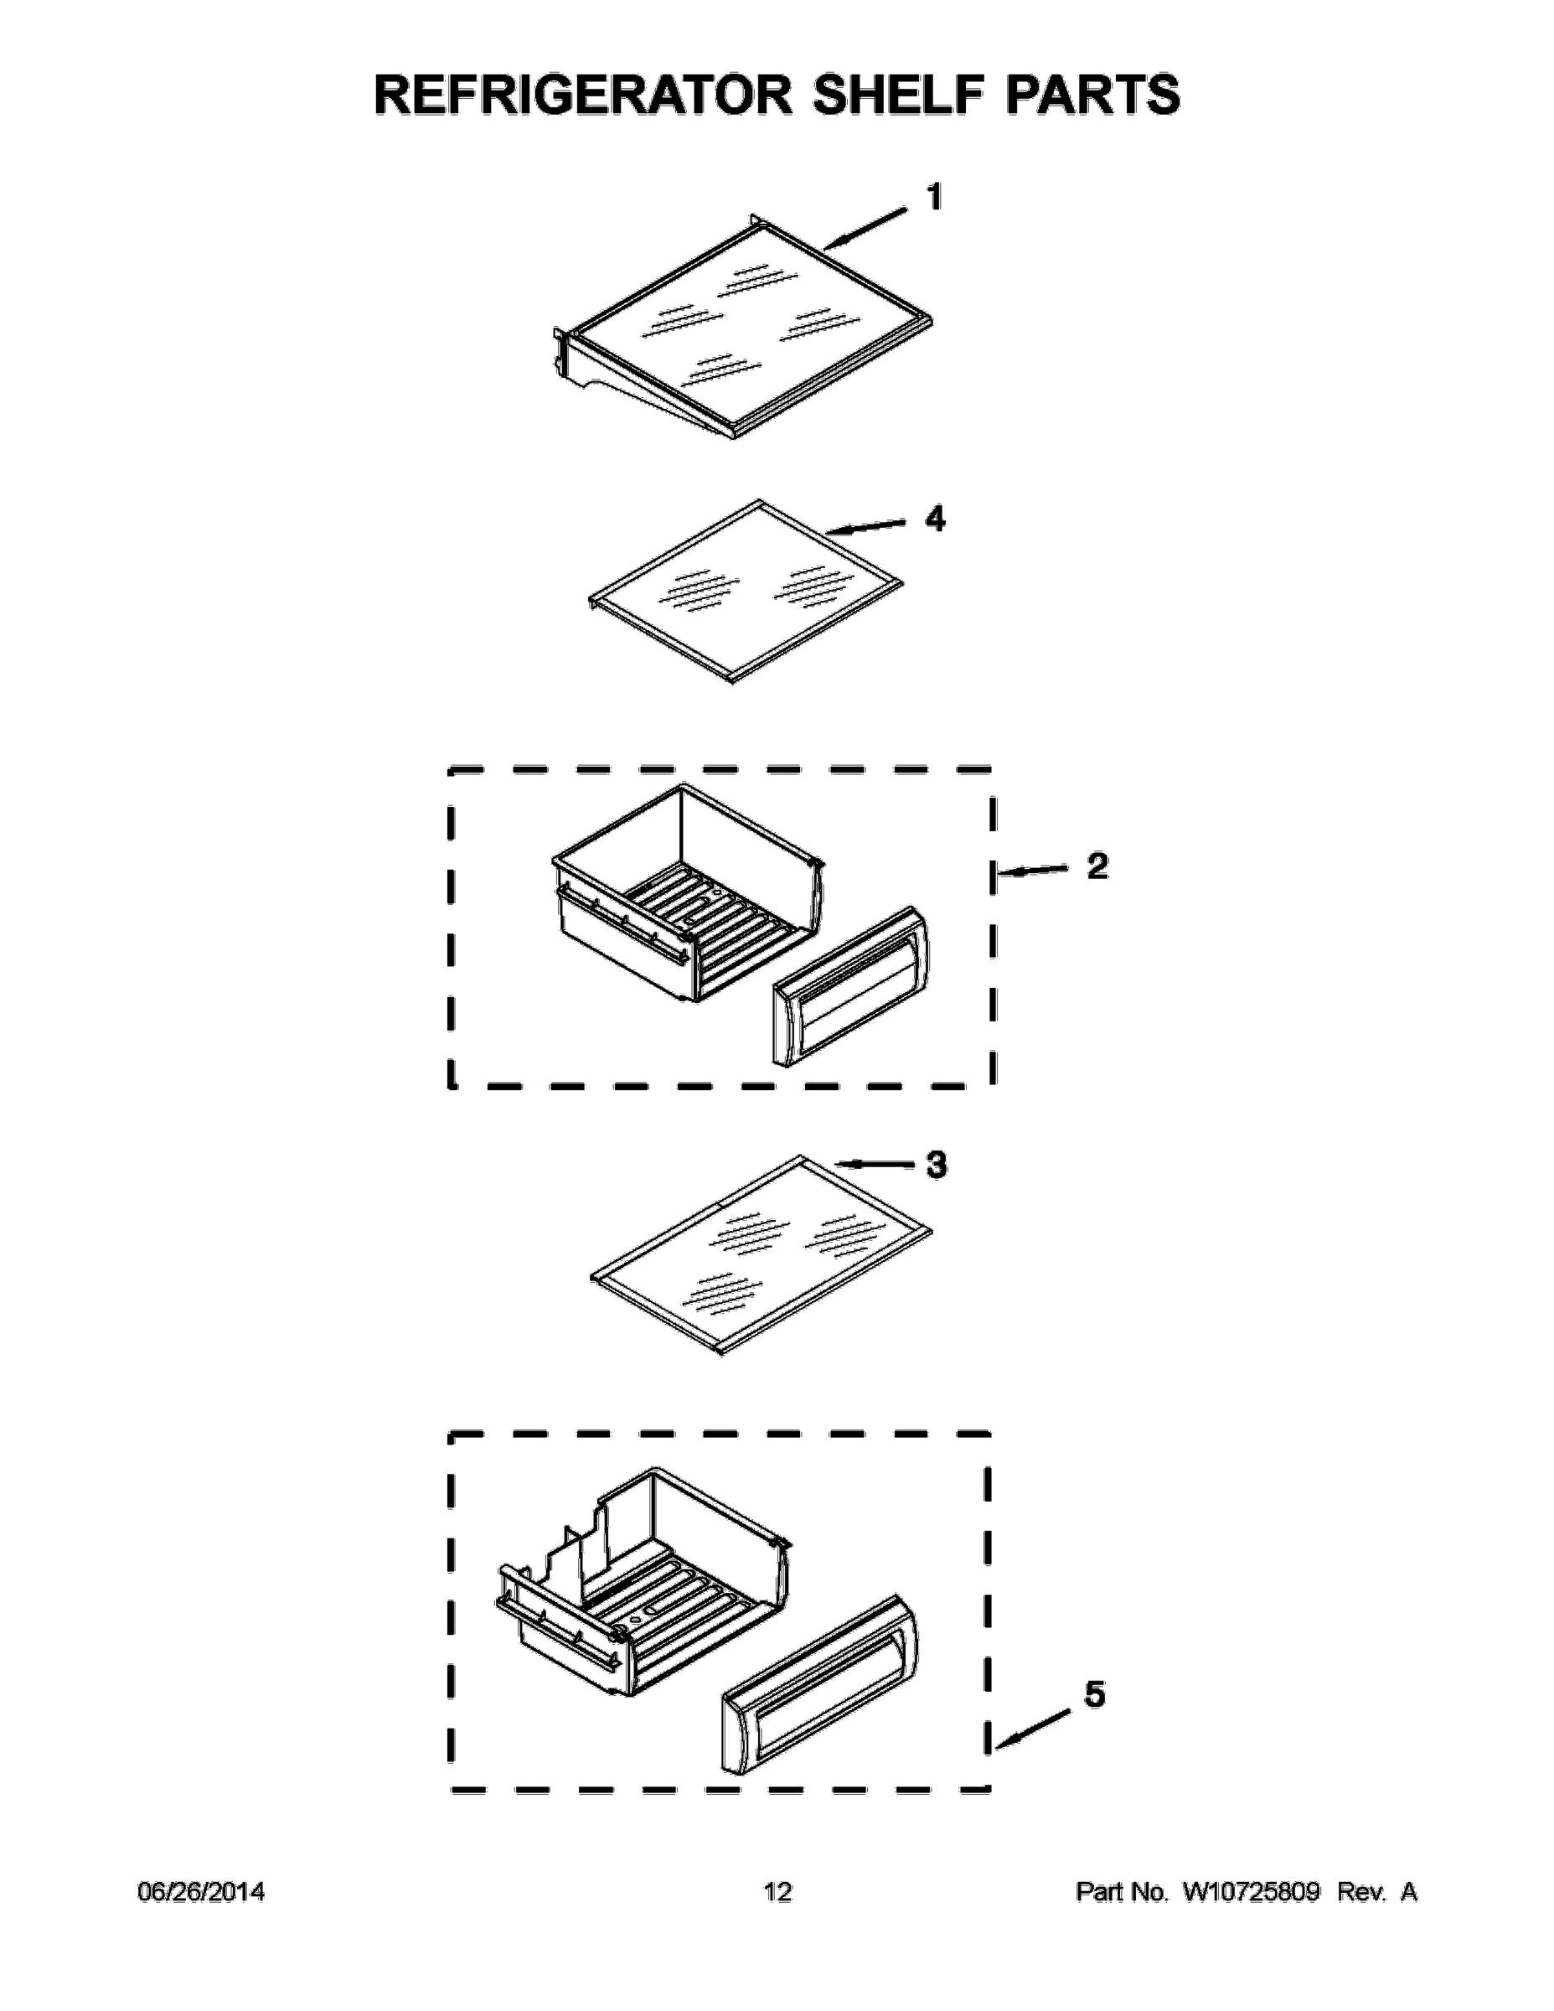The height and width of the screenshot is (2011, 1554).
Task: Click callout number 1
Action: coord(933,197)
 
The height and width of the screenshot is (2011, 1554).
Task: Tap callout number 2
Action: coord(1097,866)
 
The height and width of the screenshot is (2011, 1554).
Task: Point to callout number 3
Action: coord(936,1165)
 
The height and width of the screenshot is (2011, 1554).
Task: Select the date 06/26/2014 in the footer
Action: coord(201,1892)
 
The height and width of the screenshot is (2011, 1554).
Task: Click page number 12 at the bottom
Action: coord(777,1892)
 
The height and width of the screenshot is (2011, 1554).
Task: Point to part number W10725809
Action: coord(1251,1892)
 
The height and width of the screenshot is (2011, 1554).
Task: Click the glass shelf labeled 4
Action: coord(746,589)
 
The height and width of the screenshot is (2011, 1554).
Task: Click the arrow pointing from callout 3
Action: coord(879,1166)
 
